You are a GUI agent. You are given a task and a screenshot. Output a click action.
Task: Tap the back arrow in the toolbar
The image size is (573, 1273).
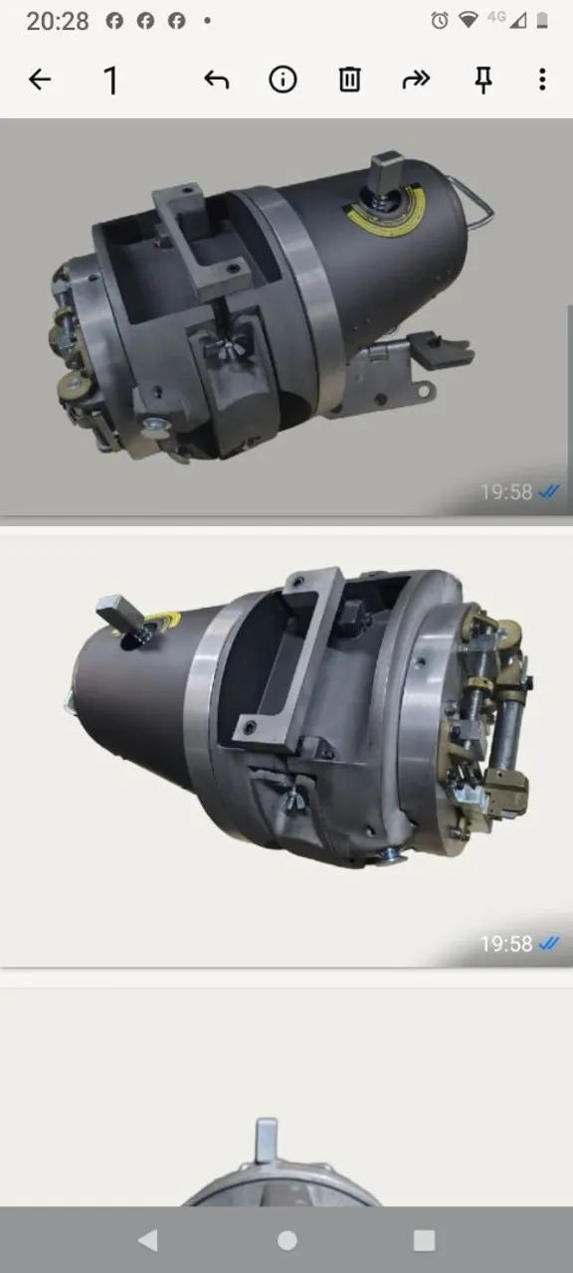click(x=40, y=79)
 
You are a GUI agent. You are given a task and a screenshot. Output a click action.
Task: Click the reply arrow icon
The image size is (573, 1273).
click(x=217, y=80)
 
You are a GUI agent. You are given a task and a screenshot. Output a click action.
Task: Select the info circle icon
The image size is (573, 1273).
click(x=283, y=79)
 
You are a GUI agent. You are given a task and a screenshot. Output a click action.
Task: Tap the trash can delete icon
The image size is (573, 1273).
click(x=349, y=79)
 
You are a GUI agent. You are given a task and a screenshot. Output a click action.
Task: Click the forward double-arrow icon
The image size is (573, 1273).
click(x=416, y=79)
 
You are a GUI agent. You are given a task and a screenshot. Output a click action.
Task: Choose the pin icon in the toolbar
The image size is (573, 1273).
click(x=483, y=80)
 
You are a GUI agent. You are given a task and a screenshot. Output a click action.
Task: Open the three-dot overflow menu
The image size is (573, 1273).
click(x=542, y=79)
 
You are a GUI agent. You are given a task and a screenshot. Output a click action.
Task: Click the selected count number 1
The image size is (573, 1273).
click(x=111, y=81)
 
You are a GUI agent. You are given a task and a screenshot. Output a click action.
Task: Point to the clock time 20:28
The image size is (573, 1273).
click(x=58, y=22)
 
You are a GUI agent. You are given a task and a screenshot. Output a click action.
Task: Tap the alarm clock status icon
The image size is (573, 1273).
click(x=440, y=21)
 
